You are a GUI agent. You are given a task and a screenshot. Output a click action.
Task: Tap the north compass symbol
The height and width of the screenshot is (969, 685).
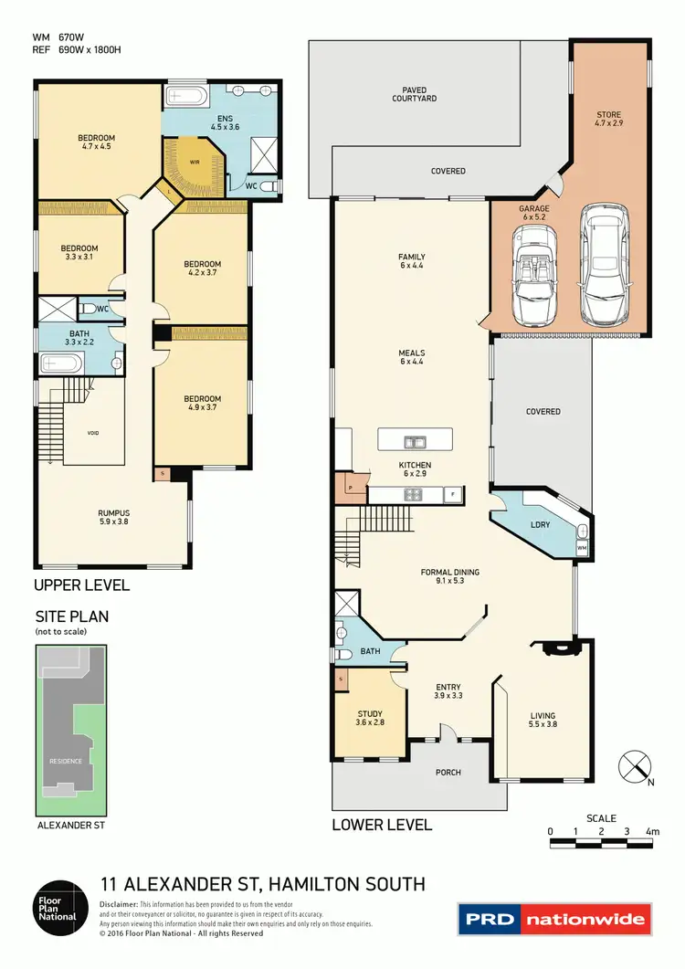pos(632,764)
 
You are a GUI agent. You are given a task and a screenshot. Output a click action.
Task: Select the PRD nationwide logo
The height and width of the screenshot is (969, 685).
pos(553,918)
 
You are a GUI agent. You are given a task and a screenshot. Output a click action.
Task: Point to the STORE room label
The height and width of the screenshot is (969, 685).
pos(608,116)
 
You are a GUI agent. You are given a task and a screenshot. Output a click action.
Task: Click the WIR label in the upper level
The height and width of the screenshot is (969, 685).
pos(194,161)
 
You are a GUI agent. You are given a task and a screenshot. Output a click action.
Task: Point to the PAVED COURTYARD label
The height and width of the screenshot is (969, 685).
pos(414,93)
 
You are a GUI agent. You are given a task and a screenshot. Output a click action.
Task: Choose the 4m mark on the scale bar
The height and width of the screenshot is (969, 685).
pos(652,830)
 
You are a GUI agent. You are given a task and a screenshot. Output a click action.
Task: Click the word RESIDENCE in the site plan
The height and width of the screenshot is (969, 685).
pos(66,761)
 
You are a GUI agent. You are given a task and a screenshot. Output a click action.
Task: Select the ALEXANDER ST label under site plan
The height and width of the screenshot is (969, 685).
pos(71,825)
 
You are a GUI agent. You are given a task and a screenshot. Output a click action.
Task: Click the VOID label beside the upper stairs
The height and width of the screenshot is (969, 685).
pos(93,433)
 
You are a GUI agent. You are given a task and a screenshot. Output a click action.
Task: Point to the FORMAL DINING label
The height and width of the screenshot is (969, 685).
pos(449,573)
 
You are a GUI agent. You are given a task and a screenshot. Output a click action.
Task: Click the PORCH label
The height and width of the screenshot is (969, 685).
pos(448,772)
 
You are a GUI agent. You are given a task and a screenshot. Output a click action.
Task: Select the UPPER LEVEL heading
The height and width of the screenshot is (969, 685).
pos(81,585)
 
